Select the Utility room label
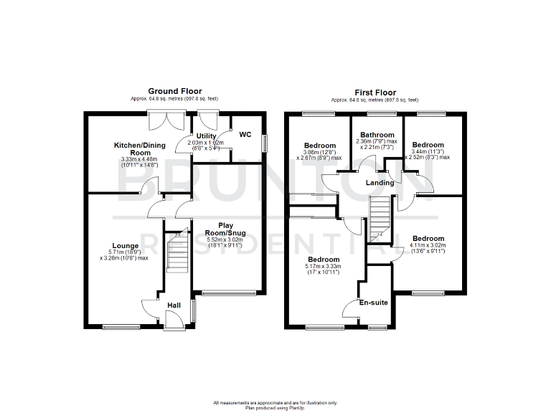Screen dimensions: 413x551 [x=207, y=136]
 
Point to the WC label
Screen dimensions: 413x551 [x=245, y=134]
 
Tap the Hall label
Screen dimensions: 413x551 [x=174, y=305]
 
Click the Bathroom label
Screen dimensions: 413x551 [x=377, y=135]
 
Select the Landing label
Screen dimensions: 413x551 [x=380, y=183]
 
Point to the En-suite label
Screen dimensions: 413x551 [x=374, y=303]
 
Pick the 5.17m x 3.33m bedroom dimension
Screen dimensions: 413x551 [x=324, y=269]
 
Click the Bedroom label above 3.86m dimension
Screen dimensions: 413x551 [x=319, y=146]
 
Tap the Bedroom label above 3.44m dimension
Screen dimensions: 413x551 [x=428, y=145]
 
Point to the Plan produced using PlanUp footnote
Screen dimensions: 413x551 [x=275, y=407]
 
